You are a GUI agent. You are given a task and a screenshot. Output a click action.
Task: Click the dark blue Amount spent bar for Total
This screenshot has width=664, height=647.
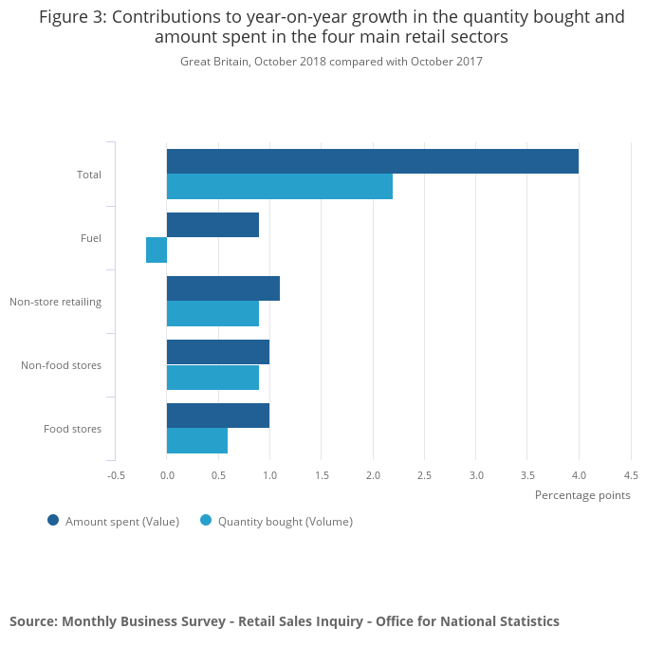372,161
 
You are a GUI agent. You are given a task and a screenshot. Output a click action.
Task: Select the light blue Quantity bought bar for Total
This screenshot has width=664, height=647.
279,187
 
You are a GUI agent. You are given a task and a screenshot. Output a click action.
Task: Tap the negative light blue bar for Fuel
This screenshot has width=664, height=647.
157,250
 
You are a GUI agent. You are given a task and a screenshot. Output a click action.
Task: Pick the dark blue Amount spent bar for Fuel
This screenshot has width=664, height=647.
212,225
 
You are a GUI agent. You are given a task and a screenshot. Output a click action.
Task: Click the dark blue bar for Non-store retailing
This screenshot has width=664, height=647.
223,288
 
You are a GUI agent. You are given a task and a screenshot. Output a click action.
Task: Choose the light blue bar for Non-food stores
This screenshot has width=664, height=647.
212,378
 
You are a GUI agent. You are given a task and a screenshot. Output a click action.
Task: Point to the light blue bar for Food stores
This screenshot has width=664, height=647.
197,441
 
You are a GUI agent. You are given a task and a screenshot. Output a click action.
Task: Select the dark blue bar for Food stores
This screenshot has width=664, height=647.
218,416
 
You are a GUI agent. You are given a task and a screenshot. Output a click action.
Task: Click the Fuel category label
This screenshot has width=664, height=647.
91,238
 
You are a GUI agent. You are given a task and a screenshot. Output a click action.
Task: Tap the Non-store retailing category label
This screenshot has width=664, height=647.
56,302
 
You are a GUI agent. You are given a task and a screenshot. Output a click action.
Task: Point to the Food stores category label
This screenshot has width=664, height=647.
72,429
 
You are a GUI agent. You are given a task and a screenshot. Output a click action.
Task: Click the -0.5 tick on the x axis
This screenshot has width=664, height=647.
116,475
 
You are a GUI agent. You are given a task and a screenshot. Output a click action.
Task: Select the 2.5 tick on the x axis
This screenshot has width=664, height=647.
424,475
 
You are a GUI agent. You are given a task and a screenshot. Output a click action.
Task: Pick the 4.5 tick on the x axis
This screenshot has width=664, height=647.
630,475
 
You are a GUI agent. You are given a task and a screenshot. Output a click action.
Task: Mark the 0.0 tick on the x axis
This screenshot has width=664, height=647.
167,475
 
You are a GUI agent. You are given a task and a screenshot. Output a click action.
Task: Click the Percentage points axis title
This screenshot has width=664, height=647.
582,495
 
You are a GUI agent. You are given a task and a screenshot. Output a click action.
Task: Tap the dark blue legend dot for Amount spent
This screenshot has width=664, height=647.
53,520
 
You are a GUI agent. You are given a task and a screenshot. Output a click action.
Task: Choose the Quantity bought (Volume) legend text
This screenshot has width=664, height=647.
285,521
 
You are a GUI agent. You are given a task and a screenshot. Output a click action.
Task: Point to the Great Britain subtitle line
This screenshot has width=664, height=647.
331,62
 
